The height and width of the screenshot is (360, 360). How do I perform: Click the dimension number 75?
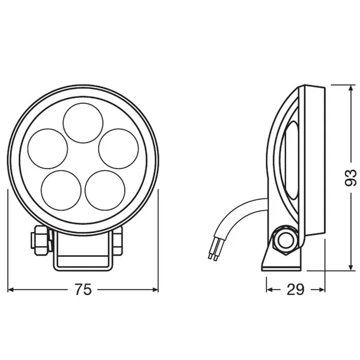83,290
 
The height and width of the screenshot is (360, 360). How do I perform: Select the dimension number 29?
295,290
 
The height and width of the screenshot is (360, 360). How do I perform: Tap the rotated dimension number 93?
351,178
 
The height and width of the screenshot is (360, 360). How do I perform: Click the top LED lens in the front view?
83,123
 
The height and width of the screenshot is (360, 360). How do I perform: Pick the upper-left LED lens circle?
48,149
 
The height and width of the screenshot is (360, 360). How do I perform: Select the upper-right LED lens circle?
119,149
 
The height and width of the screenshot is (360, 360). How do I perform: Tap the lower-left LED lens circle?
61,190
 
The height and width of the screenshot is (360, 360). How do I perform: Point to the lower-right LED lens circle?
105,190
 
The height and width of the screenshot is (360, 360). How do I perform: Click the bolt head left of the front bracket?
41,240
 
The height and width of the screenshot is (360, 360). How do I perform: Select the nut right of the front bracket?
118,240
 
